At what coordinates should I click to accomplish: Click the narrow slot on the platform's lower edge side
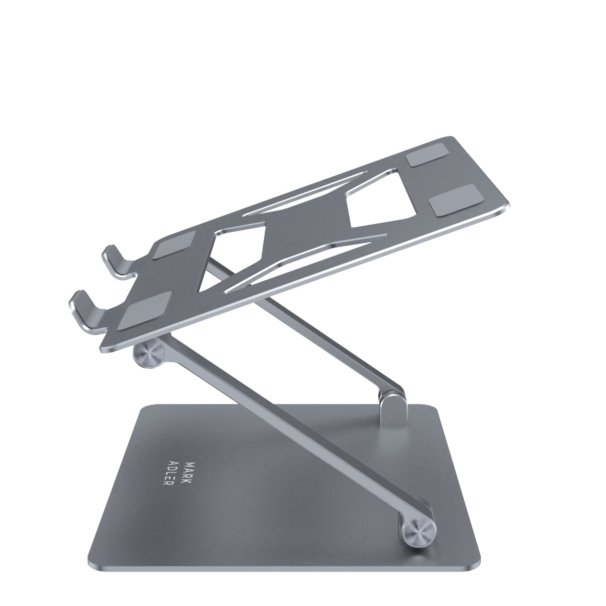point(303,258)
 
